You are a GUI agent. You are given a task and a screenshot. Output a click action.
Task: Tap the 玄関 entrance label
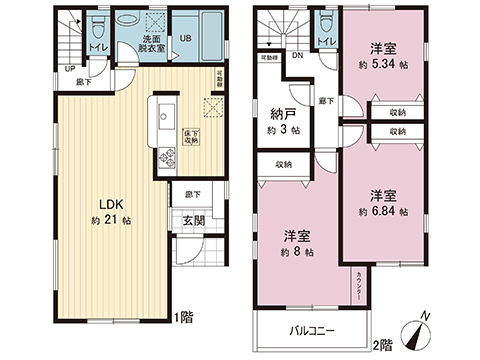(x=193, y=222)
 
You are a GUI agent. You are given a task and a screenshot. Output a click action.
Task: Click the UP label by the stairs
(x=68, y=69)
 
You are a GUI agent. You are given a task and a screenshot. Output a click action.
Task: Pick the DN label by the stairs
(x=297, y=57)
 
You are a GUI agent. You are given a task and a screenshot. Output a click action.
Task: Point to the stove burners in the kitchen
(x=165, y=156)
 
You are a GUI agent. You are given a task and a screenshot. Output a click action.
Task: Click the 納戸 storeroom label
(x=281, y=114)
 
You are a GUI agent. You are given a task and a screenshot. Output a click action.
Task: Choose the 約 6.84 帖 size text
(x=383, y=212)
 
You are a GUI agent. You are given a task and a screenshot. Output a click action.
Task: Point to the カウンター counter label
(x=359, y=286)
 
